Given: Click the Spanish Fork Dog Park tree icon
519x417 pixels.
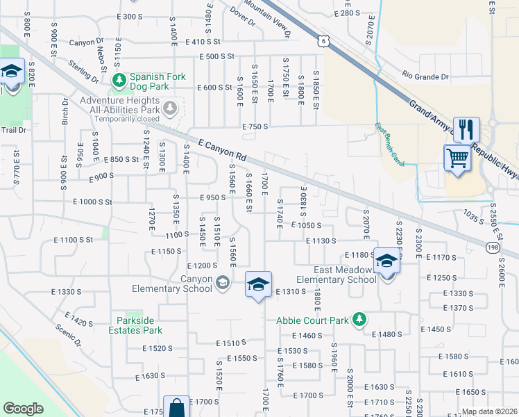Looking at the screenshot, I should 119,81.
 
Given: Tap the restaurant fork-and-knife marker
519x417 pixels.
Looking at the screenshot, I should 466,130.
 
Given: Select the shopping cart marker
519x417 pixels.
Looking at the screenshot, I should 457,158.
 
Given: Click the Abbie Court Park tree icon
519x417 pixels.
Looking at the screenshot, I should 359,320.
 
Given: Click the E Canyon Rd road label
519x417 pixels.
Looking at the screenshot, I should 222,149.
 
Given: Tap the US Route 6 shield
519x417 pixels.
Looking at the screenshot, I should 324,41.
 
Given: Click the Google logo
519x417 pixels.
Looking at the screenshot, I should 23,409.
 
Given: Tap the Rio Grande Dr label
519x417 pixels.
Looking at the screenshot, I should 425,77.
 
